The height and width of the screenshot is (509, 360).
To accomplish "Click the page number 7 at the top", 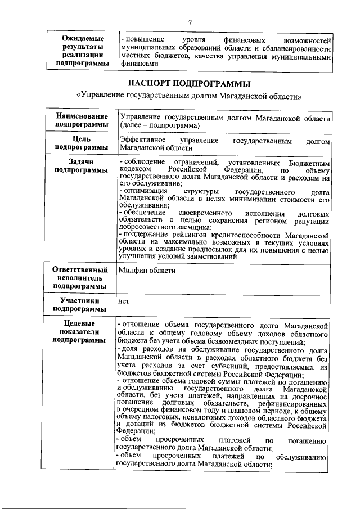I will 190,23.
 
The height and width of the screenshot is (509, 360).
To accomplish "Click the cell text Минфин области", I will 147,271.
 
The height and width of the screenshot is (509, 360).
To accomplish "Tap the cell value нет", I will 124,301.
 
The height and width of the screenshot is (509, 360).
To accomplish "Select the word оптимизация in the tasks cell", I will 148,191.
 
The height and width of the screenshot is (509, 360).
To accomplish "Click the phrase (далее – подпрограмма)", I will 159,124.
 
